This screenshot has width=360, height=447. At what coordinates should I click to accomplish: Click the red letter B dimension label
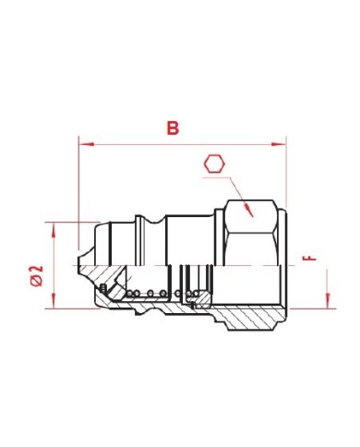[x=173, y=128]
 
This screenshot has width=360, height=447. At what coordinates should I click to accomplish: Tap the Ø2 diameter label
[x=37, y=276]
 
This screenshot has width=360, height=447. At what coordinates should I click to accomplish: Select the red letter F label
[x=309, y=259]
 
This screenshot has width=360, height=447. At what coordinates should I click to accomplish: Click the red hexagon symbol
[x=214, y=164]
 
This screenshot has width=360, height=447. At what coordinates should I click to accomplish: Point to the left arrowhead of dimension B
[x=87, y=144]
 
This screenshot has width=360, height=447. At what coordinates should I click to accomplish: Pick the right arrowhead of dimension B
[x=279, y=144]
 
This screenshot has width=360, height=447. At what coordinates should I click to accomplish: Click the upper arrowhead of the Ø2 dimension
[x=54, y=230]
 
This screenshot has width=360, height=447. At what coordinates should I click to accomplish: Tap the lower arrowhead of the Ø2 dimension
[x=54, y=301]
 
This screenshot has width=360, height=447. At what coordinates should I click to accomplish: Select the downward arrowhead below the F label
[x=328, y=301]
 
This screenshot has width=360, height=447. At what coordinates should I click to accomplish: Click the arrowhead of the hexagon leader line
[x=248, y=210]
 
